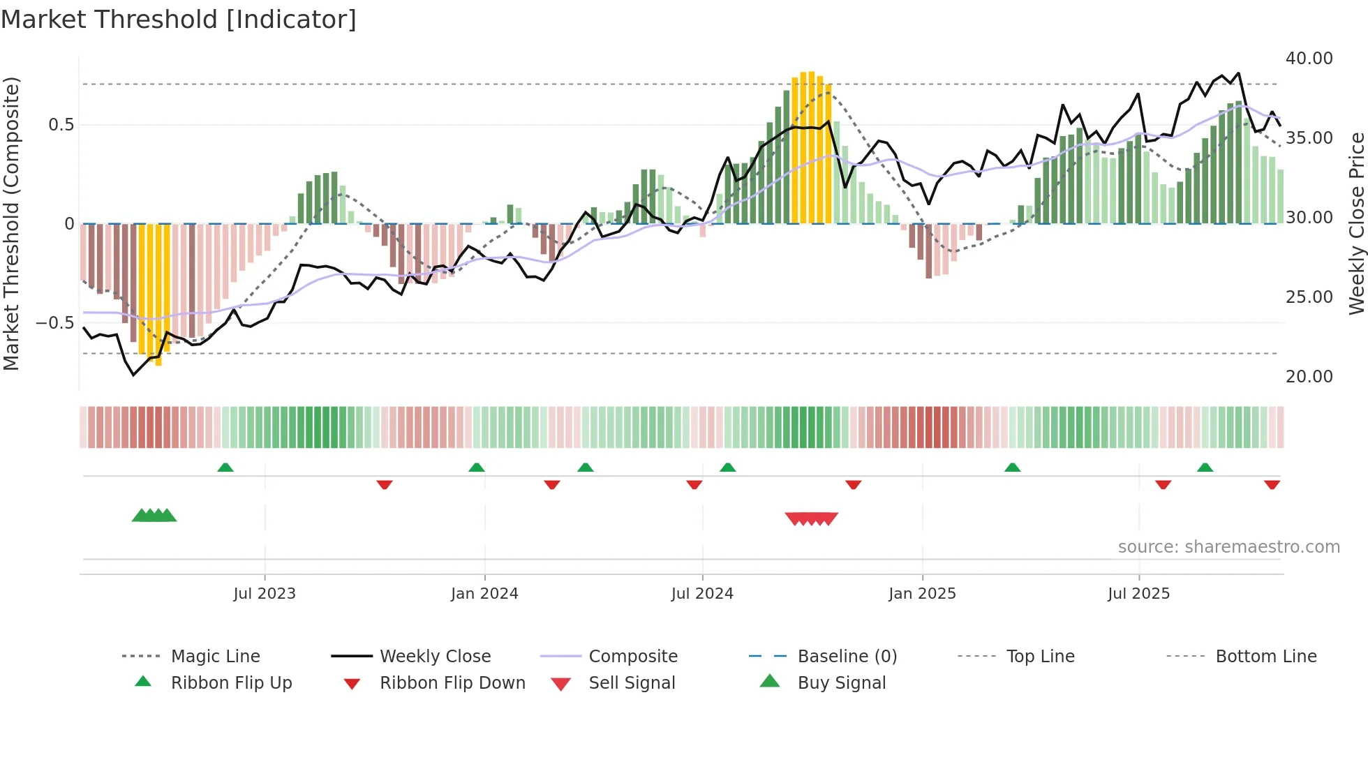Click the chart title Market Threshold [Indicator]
179,20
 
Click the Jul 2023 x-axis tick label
265,594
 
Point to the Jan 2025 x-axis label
922,594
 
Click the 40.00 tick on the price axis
1309,59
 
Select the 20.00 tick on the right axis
1309,377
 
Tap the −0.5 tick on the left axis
54,323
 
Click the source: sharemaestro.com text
1228,547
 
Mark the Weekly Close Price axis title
1356,223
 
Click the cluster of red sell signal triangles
811,518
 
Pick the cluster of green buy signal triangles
154,516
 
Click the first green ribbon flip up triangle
225,468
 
